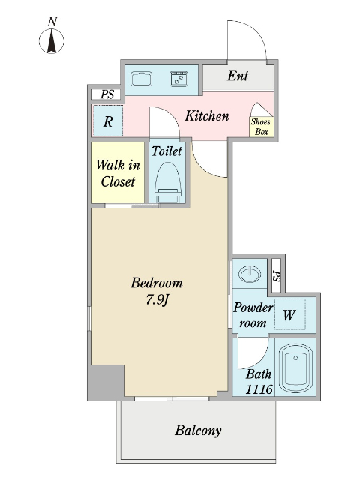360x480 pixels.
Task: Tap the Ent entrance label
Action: pos(238,76)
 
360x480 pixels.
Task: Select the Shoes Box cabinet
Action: pos(262,127)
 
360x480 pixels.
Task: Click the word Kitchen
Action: pos(207,116)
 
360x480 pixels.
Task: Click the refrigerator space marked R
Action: pos(108,121)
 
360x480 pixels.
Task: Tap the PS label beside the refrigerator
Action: pos(107,94)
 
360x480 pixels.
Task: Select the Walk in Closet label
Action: pos(118,173)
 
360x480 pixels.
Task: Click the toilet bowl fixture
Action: pos(166,182)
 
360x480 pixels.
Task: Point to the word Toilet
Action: pos(166,151)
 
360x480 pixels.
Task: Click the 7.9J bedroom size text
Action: pos(157,300)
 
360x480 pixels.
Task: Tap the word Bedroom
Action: pos(157,283)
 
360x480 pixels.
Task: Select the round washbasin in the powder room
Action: pos(250,273)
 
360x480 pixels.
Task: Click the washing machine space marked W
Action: pos(289,314)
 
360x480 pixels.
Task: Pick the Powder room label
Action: pos(253,315)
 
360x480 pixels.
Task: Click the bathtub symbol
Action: pos(295,368)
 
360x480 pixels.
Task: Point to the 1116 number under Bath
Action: pos(259,389)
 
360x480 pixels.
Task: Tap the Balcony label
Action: pos(198,430)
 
